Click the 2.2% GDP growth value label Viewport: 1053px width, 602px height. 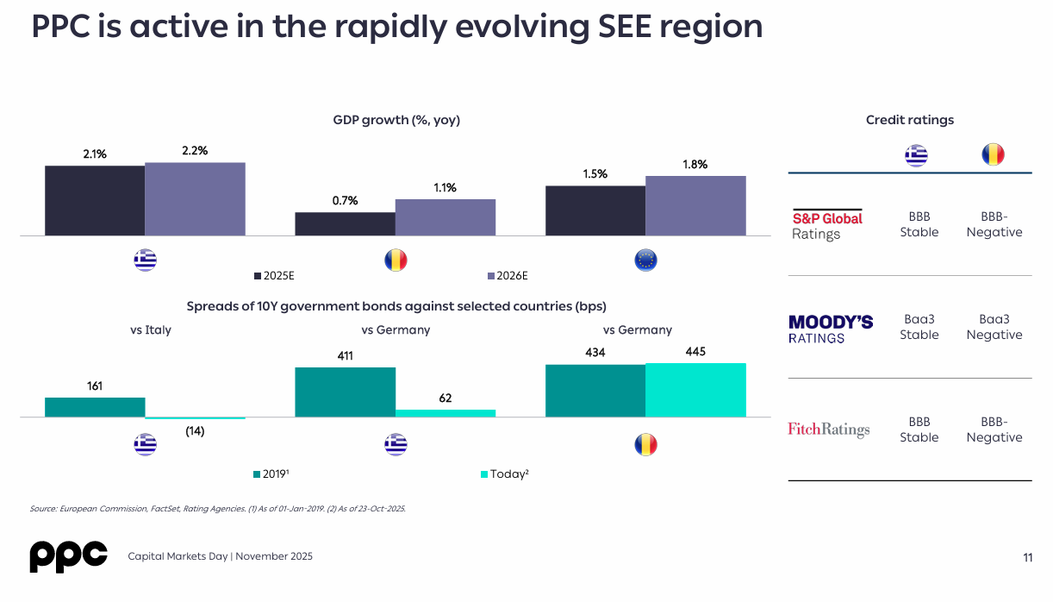click(195, 151)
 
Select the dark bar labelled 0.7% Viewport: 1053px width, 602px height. click(345, 224)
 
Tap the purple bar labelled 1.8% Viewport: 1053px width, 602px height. click(695, 205)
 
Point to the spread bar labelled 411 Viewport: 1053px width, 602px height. click(345, 392)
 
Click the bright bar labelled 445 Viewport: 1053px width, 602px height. click(695, 390)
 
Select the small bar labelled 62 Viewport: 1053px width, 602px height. click(445, 413)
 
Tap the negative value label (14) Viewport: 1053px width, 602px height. click(195, 431)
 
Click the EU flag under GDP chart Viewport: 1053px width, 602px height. click(645, 260)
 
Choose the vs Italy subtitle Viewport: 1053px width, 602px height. click(151, 330)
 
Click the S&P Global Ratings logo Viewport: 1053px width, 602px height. click(827, 225)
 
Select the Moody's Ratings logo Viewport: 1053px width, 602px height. click(831, 329)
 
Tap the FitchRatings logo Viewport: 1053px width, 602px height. click(828, 430)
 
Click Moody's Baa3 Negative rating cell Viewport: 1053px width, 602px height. click(994, 327)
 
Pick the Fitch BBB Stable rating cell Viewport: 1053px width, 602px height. click(919, 430)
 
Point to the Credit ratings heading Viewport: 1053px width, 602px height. click(910, 121)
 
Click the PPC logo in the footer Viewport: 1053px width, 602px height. click(69, 556)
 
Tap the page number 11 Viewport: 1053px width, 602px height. click(1027, 557)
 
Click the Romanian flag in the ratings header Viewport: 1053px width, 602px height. click(993, 155)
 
